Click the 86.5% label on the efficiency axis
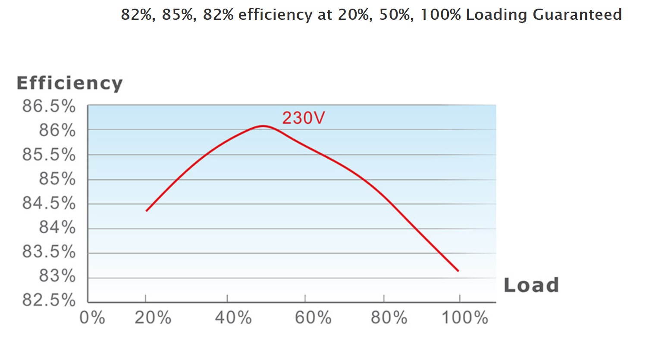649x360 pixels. point(49,106)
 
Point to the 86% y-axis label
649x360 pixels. point(57,130)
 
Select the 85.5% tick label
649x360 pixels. point(49,155)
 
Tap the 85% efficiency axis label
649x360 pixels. point(57,179)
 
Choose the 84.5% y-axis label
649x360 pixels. point(49,203)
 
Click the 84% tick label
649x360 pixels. point(57,227)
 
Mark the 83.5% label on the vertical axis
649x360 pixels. point(49,252)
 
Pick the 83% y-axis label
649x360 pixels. point(57,276)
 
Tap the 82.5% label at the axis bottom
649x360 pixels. point(49,300)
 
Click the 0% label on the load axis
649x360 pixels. point(92,318)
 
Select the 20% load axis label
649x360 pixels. point(153,318)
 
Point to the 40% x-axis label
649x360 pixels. point(233,318)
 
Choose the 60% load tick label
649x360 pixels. point(313,318)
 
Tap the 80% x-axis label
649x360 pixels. point(389,318)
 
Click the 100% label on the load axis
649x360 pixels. point(465,318)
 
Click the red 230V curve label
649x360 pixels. point(303,118)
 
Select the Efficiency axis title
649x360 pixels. point(69,83)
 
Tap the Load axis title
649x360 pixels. point(531,285)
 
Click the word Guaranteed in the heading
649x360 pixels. point(577,15)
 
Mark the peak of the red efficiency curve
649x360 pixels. point(263,126)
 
